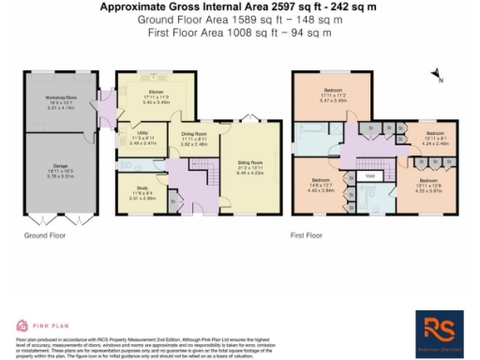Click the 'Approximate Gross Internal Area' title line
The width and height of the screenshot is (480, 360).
tap(239, 7)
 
